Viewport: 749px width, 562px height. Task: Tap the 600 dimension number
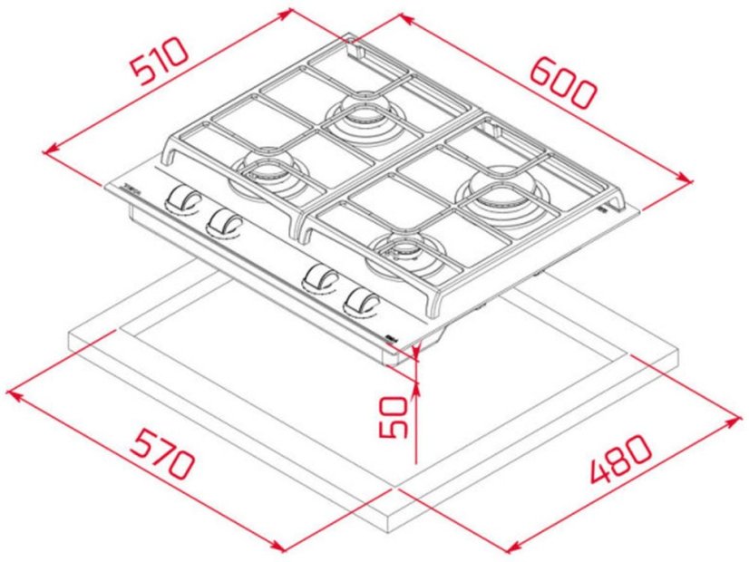pos(562,82)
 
